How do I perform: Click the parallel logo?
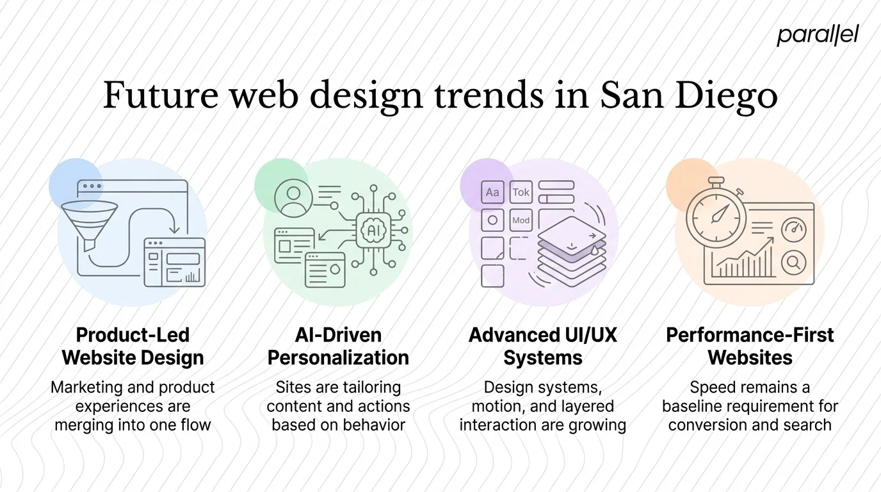pos(818,36)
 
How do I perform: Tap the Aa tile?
pos(492,192)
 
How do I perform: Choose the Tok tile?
pos(521,192)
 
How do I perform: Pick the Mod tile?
pos(521,220)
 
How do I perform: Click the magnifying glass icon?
pos(794,261)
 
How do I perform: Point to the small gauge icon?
pos(794,229)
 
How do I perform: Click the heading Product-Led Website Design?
pos(133,346)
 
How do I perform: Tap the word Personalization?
pos(338,357)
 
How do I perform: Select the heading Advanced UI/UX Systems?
pos(543,346)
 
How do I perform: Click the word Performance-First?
pos(750,335)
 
